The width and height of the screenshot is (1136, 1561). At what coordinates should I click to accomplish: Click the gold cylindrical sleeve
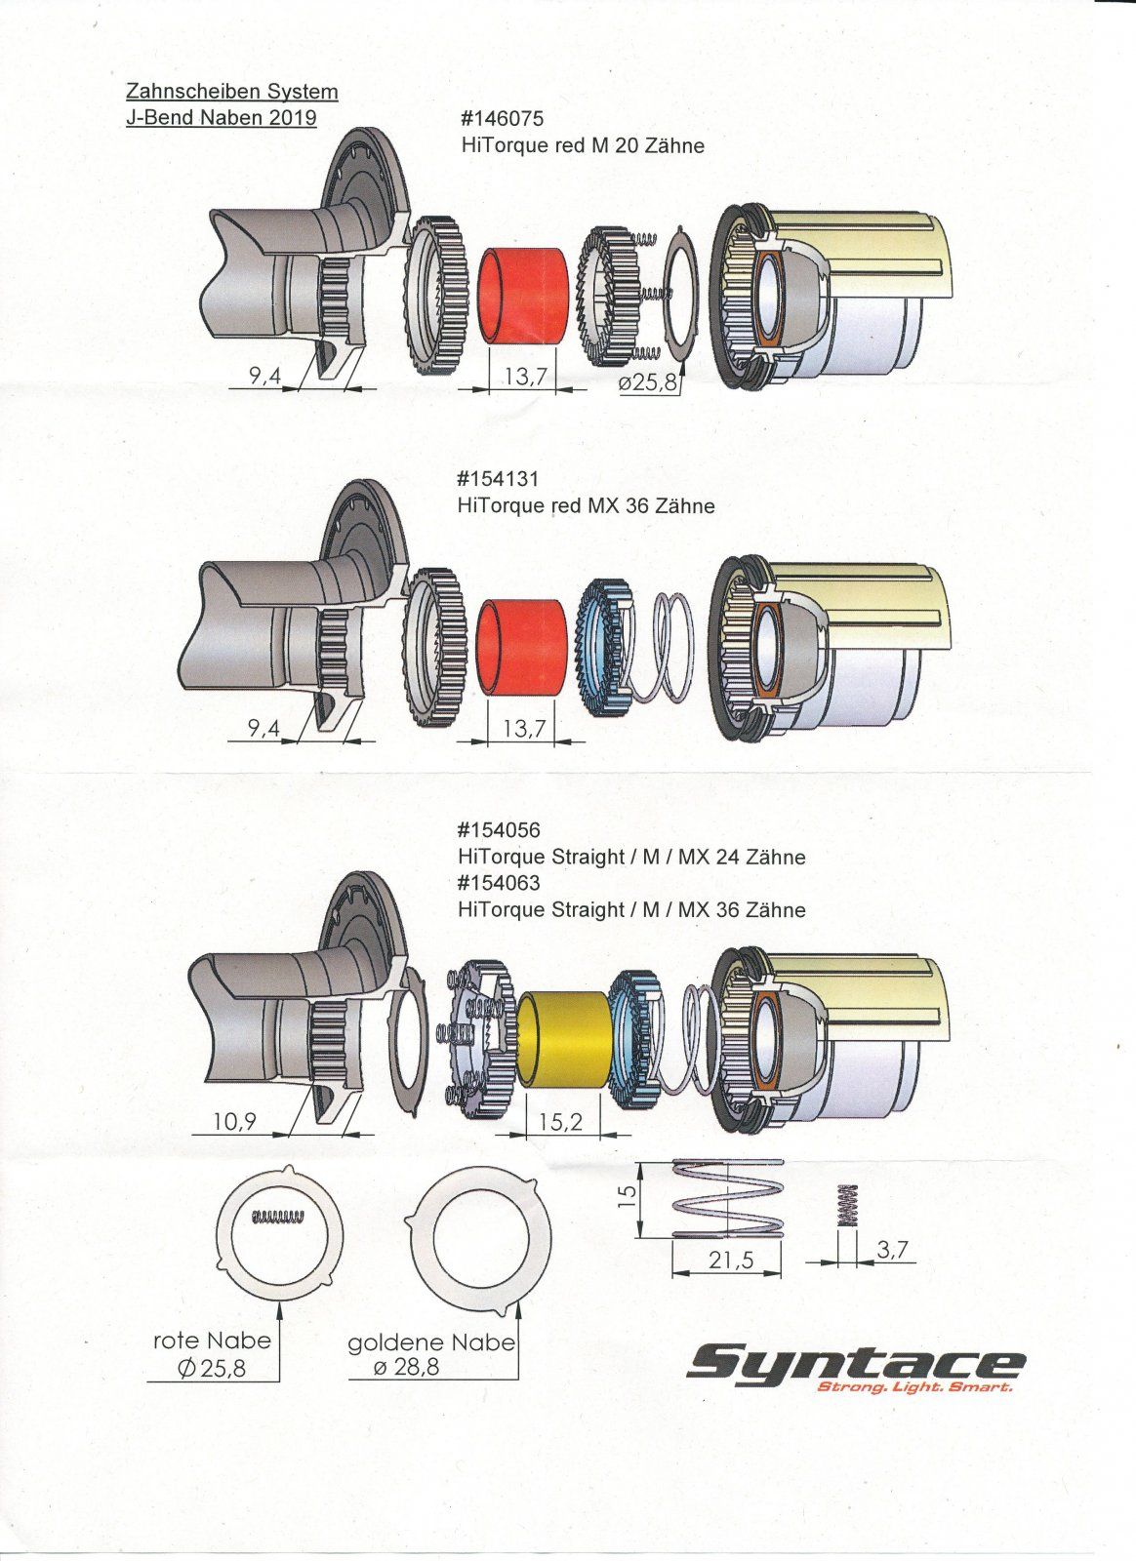point(565,1040)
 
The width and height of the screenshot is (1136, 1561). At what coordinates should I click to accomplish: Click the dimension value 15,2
point(560,1123)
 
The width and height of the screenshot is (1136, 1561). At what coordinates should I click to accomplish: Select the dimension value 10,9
point(234,1122)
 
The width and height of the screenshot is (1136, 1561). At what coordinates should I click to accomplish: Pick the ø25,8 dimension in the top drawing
point(647,382)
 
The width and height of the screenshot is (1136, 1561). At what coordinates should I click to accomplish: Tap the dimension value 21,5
point(731,1261)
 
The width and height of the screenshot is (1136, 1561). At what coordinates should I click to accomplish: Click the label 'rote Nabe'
point(212,1341)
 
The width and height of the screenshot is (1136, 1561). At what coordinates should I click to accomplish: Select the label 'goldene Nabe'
point(431,1342)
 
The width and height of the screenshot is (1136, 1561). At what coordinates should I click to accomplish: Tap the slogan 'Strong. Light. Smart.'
point(913,1387)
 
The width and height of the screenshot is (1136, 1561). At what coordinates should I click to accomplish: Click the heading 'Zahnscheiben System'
point(232,92)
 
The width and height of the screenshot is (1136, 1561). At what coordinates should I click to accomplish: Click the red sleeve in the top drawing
point(526,297)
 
